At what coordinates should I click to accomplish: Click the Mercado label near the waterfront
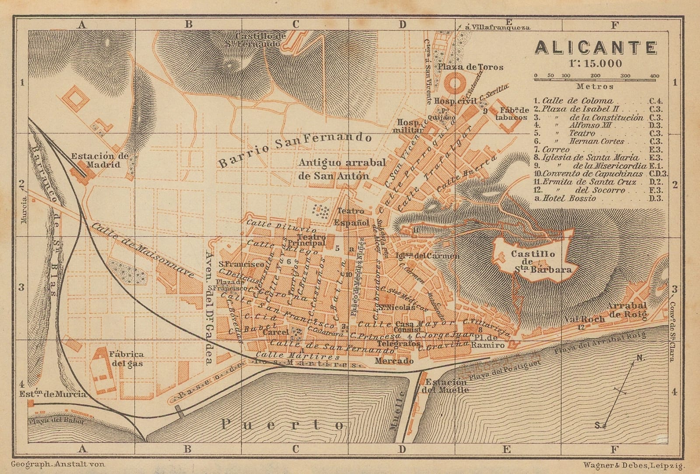click(x=394, y=361)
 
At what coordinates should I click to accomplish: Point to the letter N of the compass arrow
click(x=640, y=358)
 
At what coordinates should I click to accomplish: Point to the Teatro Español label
click(x=352, y=217)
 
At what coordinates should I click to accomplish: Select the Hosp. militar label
click(x=410, y=126)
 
